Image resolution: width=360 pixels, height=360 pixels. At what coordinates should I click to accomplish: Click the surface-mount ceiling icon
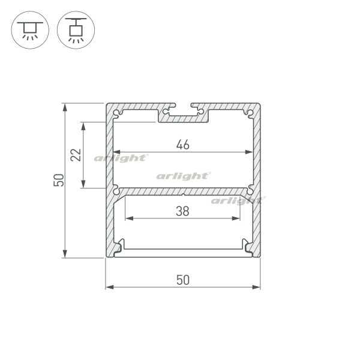pyautogui.click(x=30, y=30)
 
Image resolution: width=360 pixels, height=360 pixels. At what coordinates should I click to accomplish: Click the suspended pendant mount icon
pyautogui.click(x=76, y=30)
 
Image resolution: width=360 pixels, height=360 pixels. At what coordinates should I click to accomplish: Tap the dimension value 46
pyautogui.click(x=183, y=145)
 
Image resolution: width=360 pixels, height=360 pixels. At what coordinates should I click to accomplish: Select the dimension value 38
pyautogui.click(x=182, y=211)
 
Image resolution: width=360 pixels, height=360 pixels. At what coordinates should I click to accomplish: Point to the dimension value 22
pyautogui.click(x=76, y=155)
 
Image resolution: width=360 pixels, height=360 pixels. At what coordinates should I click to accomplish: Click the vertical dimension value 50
pyautogui.click(x=59, y=180)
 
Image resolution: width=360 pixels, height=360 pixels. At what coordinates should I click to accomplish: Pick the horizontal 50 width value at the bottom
pyautogui.click(x=183, y=280)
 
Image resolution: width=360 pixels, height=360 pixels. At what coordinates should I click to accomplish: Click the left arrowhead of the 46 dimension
pyautogui.click(x=116, y=152)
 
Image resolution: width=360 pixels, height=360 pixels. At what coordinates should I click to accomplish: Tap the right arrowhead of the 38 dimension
pyautogui.click(x=236, y=218)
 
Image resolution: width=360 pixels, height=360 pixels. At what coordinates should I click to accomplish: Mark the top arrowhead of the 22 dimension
pyautogui.click(x=83, y=126)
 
